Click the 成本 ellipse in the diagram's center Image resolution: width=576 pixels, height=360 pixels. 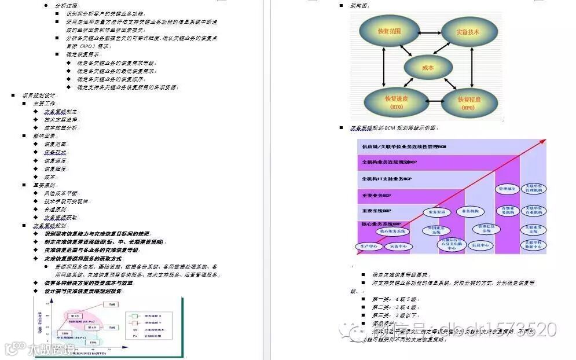(x=427, y=67)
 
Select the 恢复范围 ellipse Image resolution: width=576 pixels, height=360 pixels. (x=388, y=31)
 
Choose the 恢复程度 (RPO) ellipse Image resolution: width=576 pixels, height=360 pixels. (x=469, y=103)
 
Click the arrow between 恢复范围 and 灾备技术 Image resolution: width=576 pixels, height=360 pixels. (x=428, y=30)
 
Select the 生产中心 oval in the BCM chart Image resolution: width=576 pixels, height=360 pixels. (x=369, y=246)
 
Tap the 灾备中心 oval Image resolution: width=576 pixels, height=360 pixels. (x=402, y=246)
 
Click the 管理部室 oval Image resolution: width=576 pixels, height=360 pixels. (x=508, y=189)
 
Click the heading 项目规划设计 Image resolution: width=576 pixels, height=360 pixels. (x=39, y=95)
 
